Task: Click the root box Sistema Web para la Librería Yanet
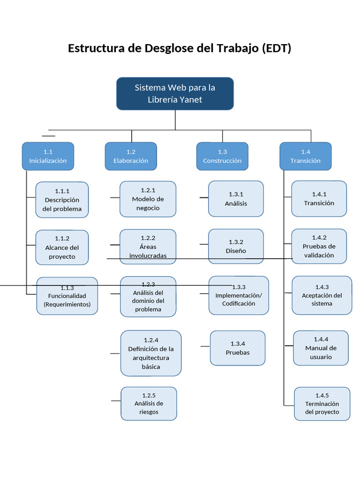click(x=175, y=94)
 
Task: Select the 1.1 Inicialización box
click(x=48, y=156)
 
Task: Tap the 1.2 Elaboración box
click(x=131, y=156)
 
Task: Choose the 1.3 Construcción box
click(x=222, y=156)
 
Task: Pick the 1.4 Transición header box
click(x=306, y=156)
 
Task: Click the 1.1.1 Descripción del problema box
click(x=62, y=200)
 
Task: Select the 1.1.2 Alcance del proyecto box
click(x=62, y=247)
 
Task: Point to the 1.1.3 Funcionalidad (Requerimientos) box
click(x=67, y=296)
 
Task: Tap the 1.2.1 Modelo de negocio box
click(x=148, y=199)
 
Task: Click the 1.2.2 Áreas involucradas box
click(x=148, y=247)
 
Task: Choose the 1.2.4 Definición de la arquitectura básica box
click(x=151, y=353)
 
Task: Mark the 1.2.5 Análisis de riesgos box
click(x=149, y=404)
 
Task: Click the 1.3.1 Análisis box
click(x=236, y=199)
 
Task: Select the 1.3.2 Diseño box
click(x=236, y=246)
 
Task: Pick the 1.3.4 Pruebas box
click(x=238, y=348)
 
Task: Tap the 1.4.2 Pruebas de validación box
click(x=319, y=246)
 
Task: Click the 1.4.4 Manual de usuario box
click(x=321, y=348)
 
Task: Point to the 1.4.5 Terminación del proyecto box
click(x=322, y=404)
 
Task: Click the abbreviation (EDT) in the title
click(x=277, y=48)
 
